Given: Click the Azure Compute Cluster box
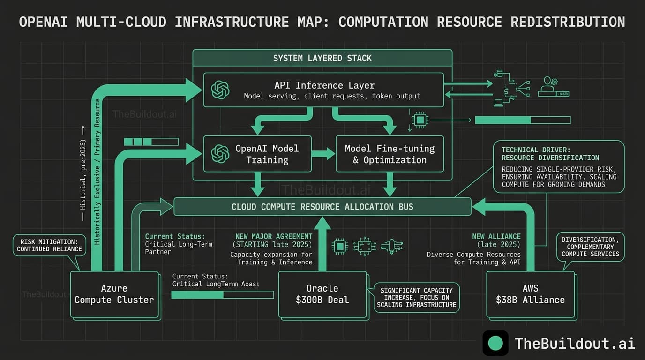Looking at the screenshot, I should click(114, 294).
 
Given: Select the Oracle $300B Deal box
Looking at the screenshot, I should click(322, 294).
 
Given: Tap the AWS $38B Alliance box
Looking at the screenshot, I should click(530, 294).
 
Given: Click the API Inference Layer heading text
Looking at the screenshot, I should click(324, 85).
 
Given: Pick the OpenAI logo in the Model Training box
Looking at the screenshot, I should click(220, 154).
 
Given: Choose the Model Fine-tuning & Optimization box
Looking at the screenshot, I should click(390, 154).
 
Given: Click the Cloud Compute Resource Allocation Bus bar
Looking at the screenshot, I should click(322, 207).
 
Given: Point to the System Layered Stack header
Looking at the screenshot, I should click(322, 58).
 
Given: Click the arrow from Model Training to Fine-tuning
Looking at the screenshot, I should click(323, 154).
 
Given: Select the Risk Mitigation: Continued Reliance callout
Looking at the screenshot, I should click(49, 245).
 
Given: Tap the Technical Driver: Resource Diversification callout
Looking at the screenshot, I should click(559, 167).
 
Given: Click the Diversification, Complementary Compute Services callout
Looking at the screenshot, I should click(590, 247).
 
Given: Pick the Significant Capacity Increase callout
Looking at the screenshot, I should click(416, 297).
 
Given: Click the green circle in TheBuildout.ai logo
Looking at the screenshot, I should click(495, 343).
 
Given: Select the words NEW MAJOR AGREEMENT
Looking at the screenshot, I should click(274, 236).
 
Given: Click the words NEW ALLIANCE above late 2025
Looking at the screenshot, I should click(496, 236).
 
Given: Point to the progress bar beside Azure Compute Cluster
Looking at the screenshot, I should click(222, 294).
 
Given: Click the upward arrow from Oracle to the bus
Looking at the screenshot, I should click(322, 244).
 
